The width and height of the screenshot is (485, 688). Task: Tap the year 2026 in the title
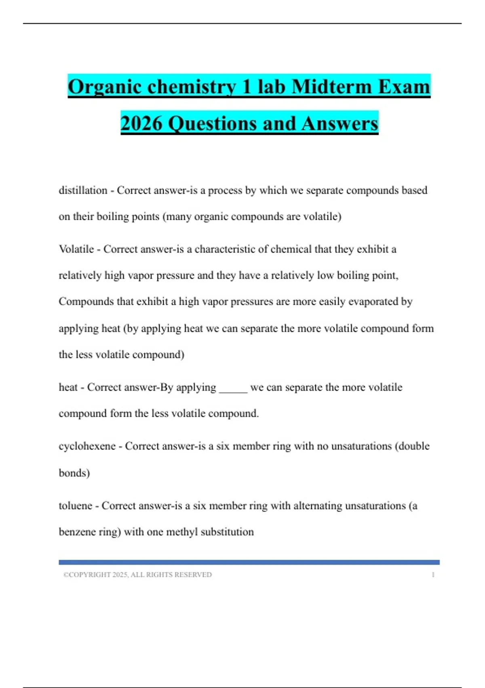pos(141,123)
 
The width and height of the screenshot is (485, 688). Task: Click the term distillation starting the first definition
pos(83,190)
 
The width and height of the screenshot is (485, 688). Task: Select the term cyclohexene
pos(87,446)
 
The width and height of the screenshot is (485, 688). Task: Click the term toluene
pos(76,505)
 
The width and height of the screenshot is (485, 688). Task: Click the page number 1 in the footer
pos(433,575)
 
